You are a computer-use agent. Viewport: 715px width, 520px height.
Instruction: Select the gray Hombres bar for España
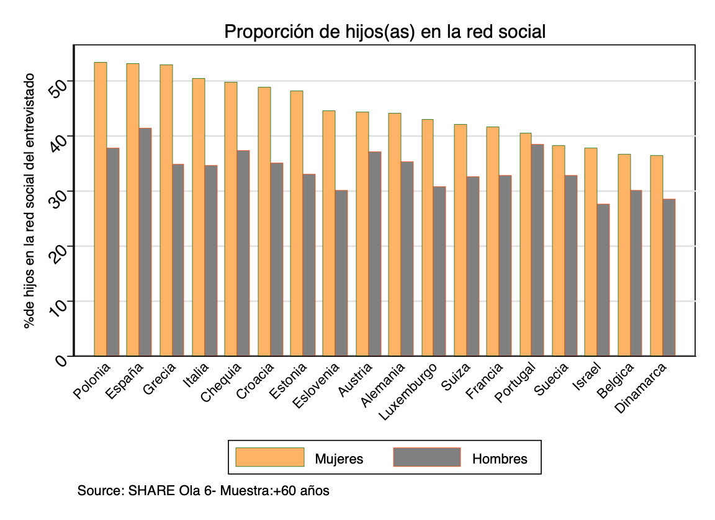(145, 242)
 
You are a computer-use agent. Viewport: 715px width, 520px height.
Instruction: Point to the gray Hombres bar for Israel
(603, 280)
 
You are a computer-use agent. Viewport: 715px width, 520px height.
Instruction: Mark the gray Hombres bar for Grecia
(178, 260)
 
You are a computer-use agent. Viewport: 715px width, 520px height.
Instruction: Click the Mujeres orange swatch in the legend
(270, 457)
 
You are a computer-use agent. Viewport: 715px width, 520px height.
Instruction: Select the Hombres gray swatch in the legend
(428, 457)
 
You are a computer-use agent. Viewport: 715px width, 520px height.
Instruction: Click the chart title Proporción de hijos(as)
(385, 32)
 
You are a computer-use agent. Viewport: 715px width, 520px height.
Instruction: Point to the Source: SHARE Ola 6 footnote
(203, 491)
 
